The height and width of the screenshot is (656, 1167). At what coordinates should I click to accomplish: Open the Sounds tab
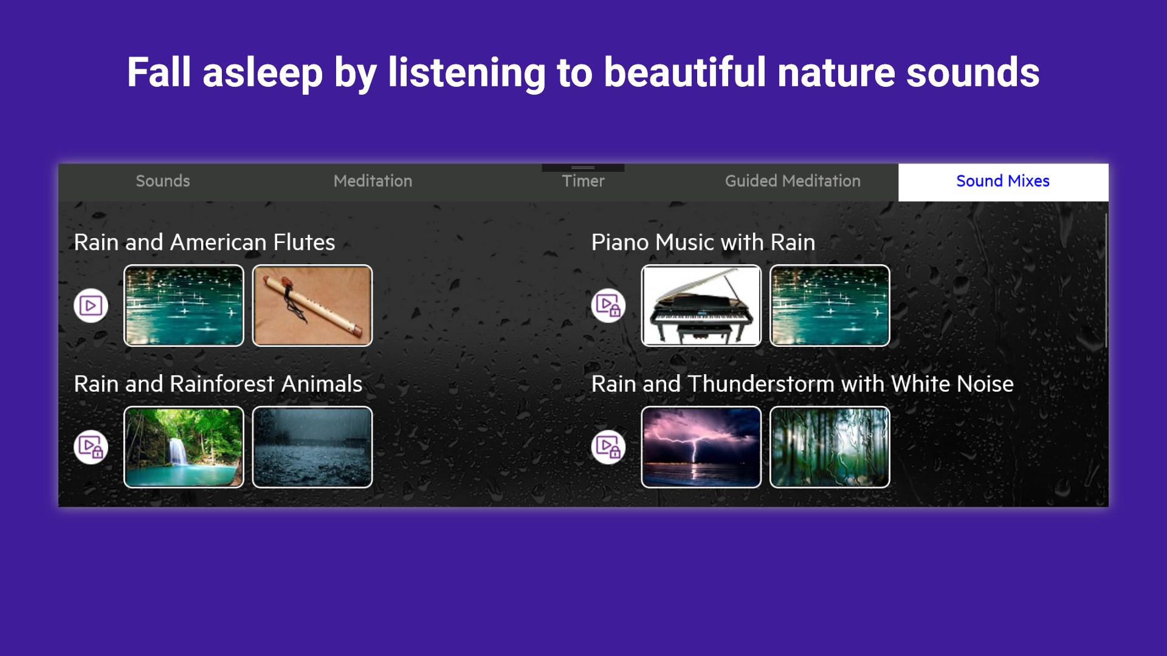tap(163, 181)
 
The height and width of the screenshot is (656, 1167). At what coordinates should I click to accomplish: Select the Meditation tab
tap(373, 181)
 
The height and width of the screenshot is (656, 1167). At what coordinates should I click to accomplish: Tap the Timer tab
tap(583, 181)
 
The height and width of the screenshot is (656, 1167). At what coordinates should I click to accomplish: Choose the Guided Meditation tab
tap(793, 181)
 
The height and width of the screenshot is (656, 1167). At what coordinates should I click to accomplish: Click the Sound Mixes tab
tap(1003, 181)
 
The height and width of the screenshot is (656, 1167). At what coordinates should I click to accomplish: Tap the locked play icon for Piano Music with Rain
tap(608, 306)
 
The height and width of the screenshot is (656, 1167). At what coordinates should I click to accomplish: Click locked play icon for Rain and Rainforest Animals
tap(91, 447)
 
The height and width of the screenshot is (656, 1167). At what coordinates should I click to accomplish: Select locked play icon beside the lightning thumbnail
tap(608, 447)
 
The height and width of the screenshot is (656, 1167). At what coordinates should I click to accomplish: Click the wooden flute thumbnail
tap(312, 306)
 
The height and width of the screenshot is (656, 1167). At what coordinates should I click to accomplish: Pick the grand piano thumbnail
tap(701, 306)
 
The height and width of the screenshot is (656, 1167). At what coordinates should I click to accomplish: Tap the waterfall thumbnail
tap(184, 447)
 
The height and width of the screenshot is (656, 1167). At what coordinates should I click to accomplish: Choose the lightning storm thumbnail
tap(701, 447)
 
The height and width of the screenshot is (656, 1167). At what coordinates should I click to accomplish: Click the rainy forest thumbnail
tap(830, 447)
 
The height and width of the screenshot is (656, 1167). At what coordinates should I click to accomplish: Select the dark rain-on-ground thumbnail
tap(312, 447)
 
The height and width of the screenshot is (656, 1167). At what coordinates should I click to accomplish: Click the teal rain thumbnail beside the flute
tap(184, 306)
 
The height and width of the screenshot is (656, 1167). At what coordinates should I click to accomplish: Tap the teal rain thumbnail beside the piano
tap(830, 306)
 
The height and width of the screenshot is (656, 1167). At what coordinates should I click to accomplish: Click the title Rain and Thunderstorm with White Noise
tap(802, 384)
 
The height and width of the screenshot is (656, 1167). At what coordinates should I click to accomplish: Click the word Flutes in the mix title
tap(304, 242)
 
